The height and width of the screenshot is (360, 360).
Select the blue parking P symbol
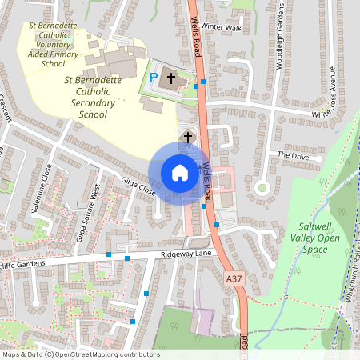(x=154, y=78)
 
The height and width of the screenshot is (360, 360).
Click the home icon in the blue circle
(x=179, y=173)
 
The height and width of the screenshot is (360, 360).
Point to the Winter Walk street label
(x=222, y=26)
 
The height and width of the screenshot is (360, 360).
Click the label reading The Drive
(x=293, y=154)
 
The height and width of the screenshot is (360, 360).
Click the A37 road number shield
(x=233, y=278)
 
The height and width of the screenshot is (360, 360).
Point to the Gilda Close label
(x=138, y=186)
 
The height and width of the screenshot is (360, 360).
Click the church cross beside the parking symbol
(x=170, y=79)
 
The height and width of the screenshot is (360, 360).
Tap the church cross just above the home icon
(x=188, y=137)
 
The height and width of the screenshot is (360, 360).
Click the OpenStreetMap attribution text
(x=80, y=354)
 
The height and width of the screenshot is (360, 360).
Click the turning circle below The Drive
(x=261, y=188)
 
